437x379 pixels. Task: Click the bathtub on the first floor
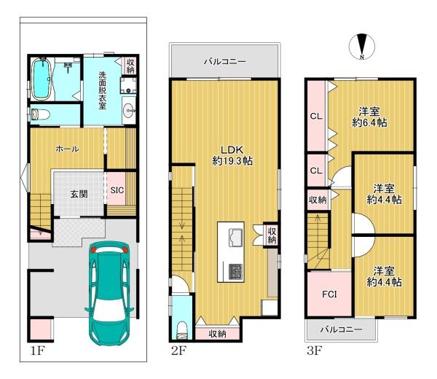coord(42,79)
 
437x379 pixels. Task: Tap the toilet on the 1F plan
coord(40,114)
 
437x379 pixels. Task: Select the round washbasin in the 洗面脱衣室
coord(129,110)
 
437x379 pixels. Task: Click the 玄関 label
coord(79,194)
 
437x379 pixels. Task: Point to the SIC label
coord(117,190)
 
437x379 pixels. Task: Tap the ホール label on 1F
coord(67,149)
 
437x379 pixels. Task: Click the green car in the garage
coord(109,293)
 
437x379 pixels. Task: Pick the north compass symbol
coord(362,47)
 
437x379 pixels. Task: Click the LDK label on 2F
coord(232,149)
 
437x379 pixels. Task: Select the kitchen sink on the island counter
coord(236,238)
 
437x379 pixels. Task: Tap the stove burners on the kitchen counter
coord(236,271)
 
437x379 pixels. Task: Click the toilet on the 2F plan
coord(182,331)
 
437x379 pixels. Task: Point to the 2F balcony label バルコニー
coord(225,61)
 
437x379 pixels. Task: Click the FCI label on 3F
coord(329,294)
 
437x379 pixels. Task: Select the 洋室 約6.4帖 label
coord(369,117)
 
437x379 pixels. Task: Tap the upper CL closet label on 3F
coord(316,117)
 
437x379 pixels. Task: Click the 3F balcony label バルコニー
coord(341,329)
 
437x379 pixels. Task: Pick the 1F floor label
coord(38,351)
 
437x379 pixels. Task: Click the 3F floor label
coord(315,351)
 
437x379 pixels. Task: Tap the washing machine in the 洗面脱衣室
coord(128,85)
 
